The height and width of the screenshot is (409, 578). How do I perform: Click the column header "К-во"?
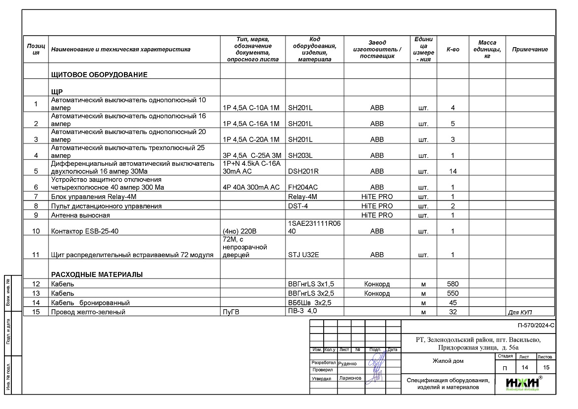[453, 50]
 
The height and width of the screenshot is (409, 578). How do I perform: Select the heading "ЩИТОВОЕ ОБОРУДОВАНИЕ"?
[100, 75]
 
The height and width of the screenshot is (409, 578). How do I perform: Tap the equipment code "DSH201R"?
[303, 171]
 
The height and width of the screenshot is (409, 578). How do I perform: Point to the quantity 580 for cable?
[453, 284]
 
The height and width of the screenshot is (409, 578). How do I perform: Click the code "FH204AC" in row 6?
[303, 187]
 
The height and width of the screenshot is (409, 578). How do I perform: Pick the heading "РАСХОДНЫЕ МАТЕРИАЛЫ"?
[97, 274]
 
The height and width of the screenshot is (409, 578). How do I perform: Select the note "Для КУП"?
[523, 313]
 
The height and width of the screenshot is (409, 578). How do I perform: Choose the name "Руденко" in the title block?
[347, 363]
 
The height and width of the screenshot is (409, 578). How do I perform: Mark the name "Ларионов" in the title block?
[350, 378]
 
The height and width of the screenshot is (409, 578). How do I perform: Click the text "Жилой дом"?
[448, 361]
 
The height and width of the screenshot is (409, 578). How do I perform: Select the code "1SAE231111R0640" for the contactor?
[314, 227]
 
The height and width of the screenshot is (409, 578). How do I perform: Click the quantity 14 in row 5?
[453, 171]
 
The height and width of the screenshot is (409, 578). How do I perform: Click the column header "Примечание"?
[530, 50]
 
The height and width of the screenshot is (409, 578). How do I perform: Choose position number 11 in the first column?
[36, 255]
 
